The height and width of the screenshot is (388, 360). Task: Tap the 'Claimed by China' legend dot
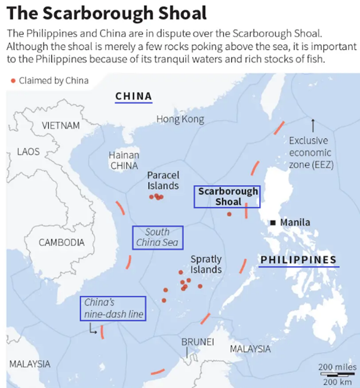(x=13, y=81)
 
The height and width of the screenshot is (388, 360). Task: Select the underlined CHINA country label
(x=133, y=97)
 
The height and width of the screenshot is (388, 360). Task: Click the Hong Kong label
(x=180, y=119)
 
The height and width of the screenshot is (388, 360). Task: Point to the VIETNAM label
(x=60, y=126)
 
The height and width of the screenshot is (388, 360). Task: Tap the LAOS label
(x=28, y=152)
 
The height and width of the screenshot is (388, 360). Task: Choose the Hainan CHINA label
(x=124, y=160)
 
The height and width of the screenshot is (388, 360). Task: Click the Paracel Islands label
(x=163, y=180)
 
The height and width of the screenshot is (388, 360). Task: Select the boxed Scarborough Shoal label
(x=227, y=196)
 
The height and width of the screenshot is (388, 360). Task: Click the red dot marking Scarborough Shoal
(x=229, y=214)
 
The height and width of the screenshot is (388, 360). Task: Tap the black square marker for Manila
(x=273, y=223)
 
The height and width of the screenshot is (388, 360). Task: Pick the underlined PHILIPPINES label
(x=299, y=260)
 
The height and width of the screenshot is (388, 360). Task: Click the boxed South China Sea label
(x=158, y=238)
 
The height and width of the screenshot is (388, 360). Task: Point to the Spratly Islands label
(x=205, y=264)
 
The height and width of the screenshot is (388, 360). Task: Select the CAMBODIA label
(x=61, y=242)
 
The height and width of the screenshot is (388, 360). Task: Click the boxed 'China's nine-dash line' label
(x=113, y=308)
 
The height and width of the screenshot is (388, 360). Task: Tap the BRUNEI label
(x=197, y=341)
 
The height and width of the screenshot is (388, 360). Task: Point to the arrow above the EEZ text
(x=312, y=125)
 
